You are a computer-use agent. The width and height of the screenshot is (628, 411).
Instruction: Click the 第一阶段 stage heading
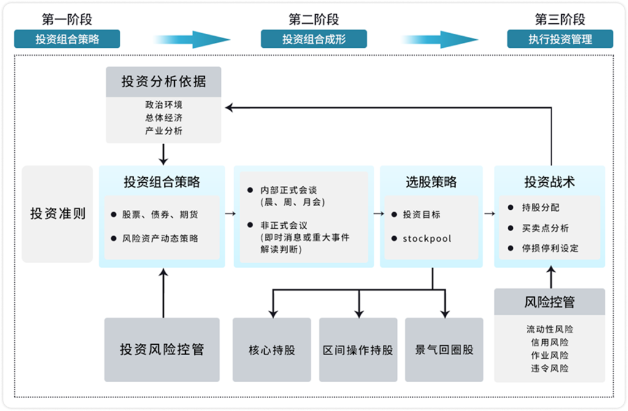click(67, 20)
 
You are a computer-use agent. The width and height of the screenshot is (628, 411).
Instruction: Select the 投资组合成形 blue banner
click(313, 39)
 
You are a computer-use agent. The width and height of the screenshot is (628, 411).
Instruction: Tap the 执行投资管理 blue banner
click(560, 39)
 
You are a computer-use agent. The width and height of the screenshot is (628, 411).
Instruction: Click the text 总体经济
click(163, 118)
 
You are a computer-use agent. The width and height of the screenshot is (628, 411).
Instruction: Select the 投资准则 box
click(58, 214)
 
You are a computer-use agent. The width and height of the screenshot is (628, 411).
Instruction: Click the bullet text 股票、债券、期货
click(160, 215)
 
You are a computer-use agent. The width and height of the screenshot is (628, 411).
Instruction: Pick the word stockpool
click(427, 238)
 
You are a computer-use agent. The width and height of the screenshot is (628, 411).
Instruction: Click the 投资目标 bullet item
click(421, 215)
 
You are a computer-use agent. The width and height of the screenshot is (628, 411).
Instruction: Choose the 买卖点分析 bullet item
click(545, 228)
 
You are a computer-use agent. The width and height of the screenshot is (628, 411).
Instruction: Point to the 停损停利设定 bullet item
click(550, 248)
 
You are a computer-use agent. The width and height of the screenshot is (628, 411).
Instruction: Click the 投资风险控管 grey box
click(162, 350)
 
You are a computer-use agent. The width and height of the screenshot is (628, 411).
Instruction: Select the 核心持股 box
click(272, 350)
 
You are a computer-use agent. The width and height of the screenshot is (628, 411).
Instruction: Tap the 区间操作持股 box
click(358, 350)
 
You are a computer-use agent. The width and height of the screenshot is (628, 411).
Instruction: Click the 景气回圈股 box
click(445, 350)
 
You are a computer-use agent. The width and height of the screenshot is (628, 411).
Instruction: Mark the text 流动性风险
click(549, 329)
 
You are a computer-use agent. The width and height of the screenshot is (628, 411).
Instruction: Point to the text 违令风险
click(549, 369)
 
